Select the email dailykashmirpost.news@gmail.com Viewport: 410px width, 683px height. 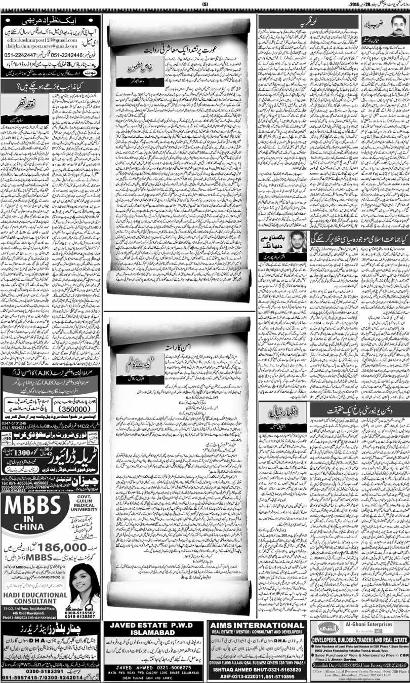pyautogui.click(x=42, y=47)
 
